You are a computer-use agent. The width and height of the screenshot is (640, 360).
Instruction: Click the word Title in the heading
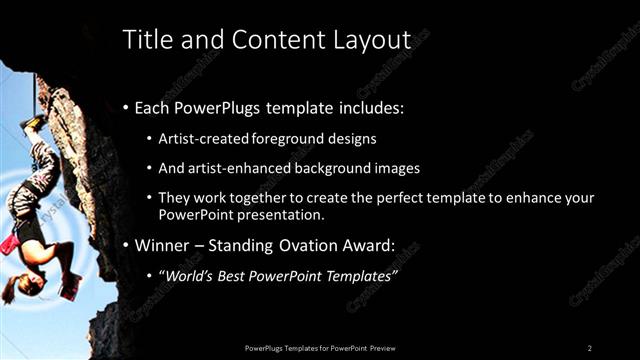[144, 40]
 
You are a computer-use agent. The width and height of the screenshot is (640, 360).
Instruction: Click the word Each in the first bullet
[151, 107]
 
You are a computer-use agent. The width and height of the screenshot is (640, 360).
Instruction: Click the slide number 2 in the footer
[590, 347]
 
